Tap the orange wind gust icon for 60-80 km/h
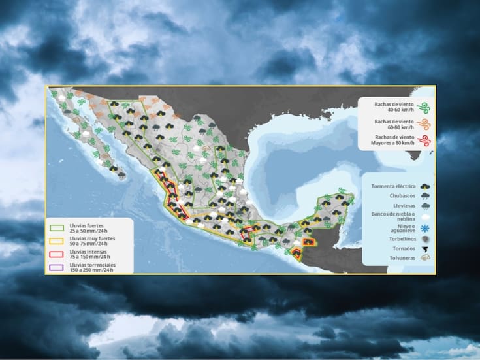pyautogui.click(x=423, y=124)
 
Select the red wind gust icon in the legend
pyautogui.click(x=423, y=140)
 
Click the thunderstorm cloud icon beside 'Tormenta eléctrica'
pyautogui.click(x=425, y=186)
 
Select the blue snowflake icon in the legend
pyautogui.click(x=425, y=229)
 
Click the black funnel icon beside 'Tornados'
pyautogui.click(x=425, y=249)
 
